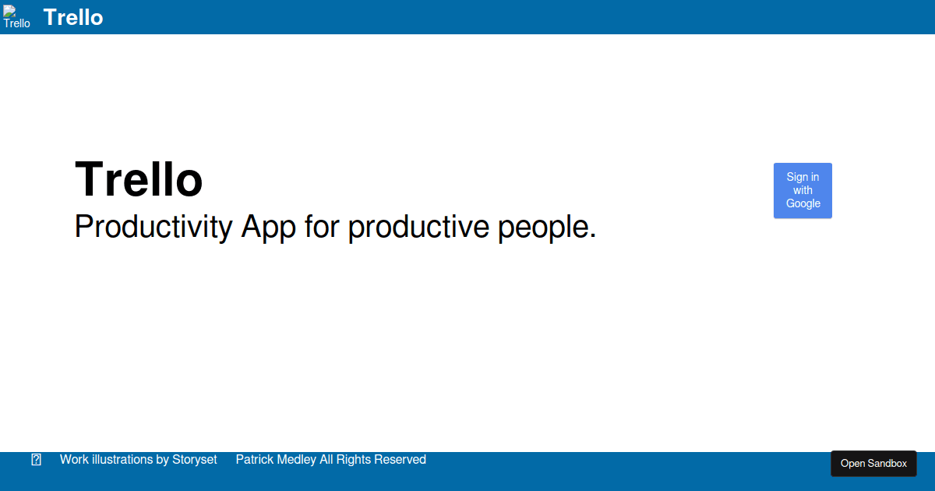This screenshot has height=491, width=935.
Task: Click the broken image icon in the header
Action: pos(9,11)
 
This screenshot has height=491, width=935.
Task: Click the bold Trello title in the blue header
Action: pos(73,17)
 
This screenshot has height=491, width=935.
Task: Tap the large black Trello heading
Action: pos(139,179)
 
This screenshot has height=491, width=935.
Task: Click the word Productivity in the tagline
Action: pos(153,227)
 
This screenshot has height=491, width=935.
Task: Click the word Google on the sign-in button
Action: pos(803,203)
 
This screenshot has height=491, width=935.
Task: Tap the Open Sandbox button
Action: pos(873,464)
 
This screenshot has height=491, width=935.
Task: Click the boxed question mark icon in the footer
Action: pos(37,460)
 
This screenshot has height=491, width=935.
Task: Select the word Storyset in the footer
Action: pos(195,460)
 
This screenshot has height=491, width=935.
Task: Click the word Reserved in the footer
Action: pos(400,459)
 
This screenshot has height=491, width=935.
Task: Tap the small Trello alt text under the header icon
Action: pos(16,23)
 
